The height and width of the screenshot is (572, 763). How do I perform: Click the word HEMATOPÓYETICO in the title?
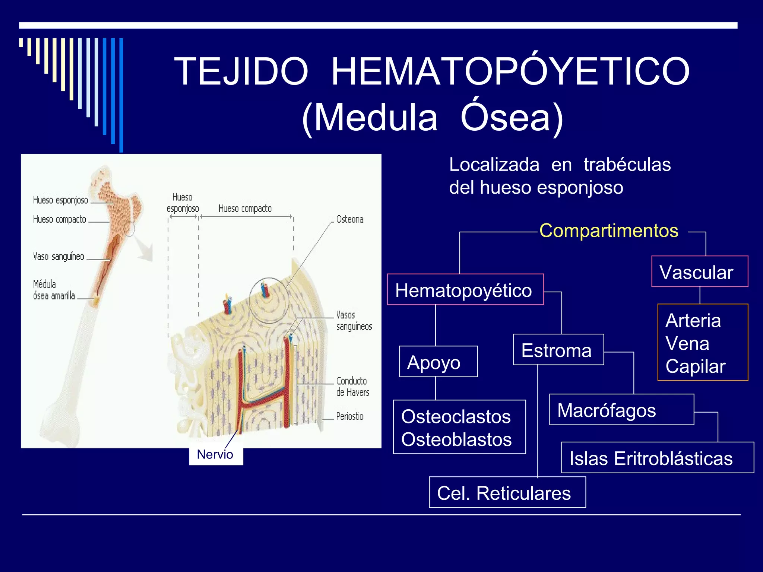pos(510,71)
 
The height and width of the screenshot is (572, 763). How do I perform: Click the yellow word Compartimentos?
pos(609,231)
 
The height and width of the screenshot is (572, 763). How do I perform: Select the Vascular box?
pos(699,272)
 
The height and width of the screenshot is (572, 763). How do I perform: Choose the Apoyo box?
pos(438,362)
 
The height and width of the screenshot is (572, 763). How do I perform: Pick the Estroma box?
pos(558,350)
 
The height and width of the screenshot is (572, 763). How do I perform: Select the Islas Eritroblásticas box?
pos(657,458)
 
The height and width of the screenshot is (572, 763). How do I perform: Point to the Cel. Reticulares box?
pos(507,493)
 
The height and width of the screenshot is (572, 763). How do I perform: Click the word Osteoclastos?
pos(456,416)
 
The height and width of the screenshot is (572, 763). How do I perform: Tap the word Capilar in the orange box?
pos(695,366)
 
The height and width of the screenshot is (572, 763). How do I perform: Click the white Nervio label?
pos(215,455)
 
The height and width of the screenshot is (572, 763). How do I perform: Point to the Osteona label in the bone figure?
pos(349,219)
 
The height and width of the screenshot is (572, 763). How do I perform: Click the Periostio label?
pos(349,416)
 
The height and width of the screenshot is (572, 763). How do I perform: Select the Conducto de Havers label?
pos(352,387)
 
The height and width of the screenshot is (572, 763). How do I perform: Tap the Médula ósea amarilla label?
pos(54,290)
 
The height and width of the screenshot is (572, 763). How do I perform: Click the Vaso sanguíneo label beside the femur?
pos(59,257)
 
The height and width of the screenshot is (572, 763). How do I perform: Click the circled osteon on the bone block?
pos(268,300)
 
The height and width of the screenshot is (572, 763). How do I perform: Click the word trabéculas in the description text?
pos(627,165)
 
